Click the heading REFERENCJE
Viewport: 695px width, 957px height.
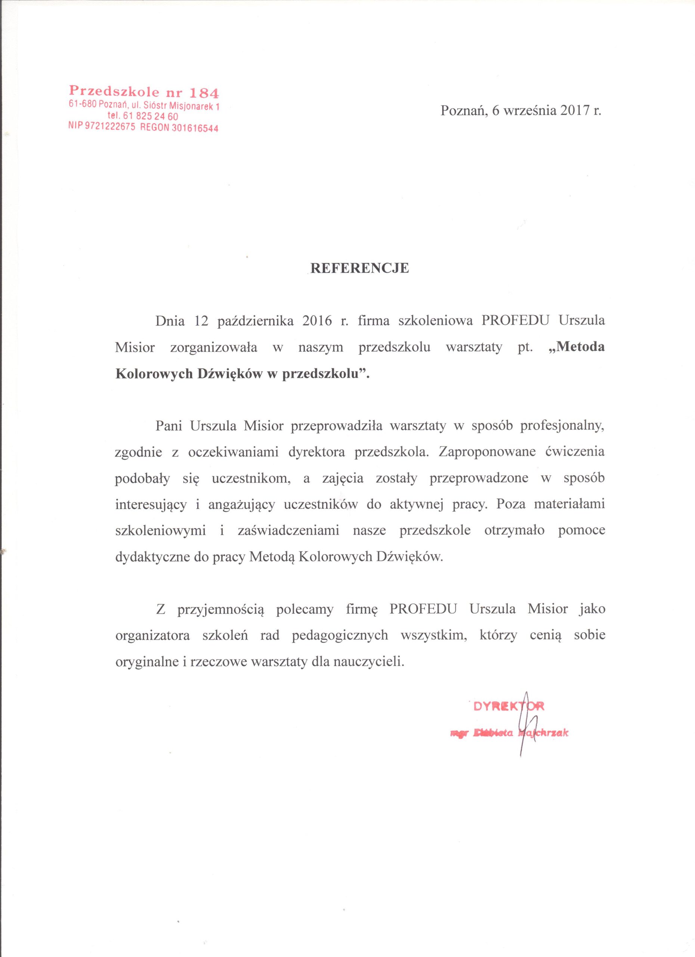pos(359,269)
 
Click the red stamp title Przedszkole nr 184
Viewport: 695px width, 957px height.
pos(144,92)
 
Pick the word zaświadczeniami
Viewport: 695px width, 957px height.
pos(288,530)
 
